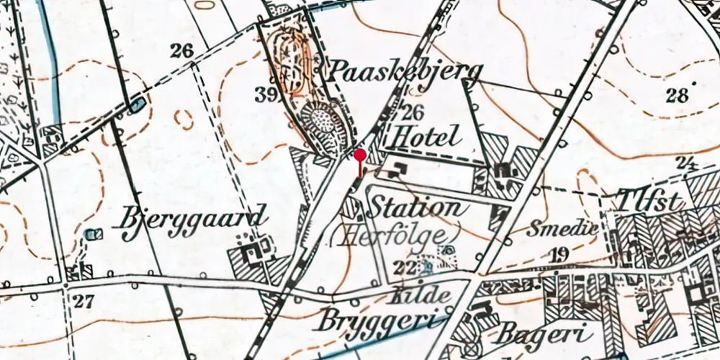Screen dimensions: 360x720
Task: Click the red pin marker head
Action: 360,155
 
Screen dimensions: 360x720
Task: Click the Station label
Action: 414,209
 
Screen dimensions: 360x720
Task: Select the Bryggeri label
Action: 375,320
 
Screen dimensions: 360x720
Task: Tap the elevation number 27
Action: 84,301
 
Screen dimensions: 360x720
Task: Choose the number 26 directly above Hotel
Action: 413,112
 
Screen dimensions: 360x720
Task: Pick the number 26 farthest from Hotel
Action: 183,50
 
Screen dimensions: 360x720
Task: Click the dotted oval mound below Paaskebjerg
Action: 328,124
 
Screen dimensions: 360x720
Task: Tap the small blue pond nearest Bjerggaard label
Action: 92,234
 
